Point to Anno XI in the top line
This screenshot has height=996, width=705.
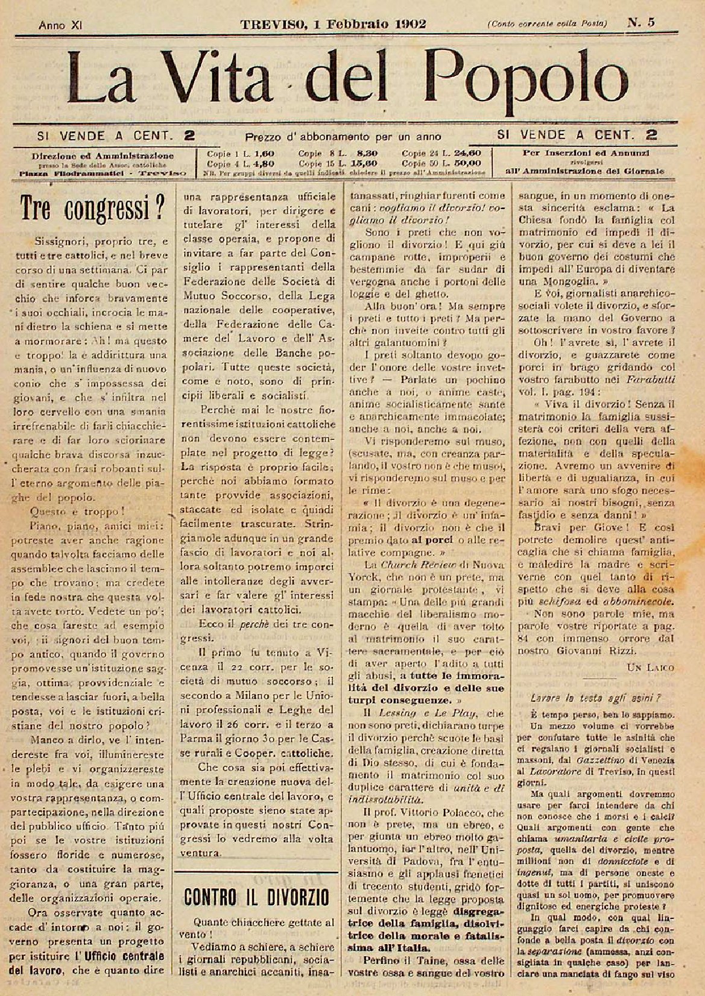60,25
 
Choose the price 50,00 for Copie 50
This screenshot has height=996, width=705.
467,163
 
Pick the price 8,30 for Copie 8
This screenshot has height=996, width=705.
367,154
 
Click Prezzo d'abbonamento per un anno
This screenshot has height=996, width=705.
343,137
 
